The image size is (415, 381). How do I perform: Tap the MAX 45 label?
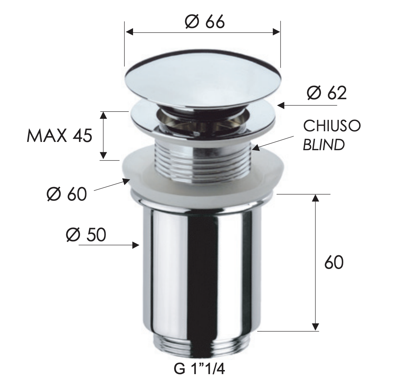59,136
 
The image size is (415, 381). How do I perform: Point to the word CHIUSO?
332,126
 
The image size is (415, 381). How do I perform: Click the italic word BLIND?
324,145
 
